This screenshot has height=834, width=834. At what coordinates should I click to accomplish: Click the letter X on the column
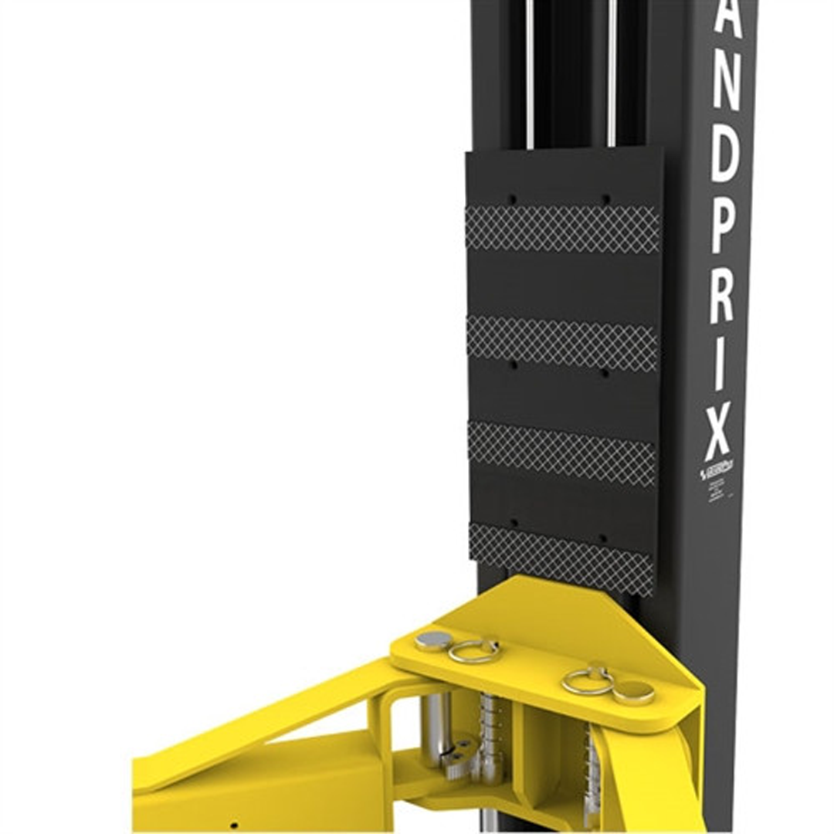coord(718,433)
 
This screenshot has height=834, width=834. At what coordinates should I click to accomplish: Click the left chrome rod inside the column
coord(529,73)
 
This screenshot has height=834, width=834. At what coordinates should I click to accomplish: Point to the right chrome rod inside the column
coord(612,73)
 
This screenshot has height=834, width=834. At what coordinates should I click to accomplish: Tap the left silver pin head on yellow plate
coord(433,639)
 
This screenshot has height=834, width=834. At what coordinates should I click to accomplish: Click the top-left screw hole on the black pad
coord(512,198)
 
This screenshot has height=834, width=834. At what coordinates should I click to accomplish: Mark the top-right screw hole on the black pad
coord(605,199)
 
